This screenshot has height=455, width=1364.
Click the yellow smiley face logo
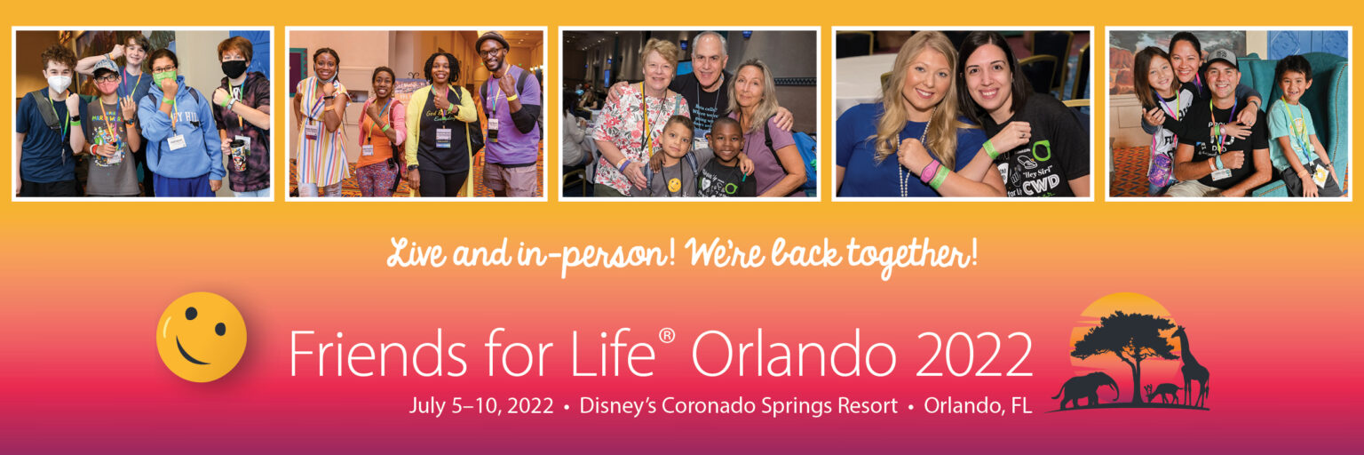point(202,337)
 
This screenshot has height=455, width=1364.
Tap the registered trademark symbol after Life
point(667,336)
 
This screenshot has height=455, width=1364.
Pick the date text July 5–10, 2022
point(481,405)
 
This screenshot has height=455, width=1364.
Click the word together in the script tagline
point(912,255)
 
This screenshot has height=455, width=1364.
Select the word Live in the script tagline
point(418,252)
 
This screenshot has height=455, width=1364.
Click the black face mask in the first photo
point(234,68)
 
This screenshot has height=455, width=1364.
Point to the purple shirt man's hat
point(491,41)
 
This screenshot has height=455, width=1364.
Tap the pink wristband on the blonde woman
point(929,172)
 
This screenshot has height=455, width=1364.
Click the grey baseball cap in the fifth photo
point(1222,58)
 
